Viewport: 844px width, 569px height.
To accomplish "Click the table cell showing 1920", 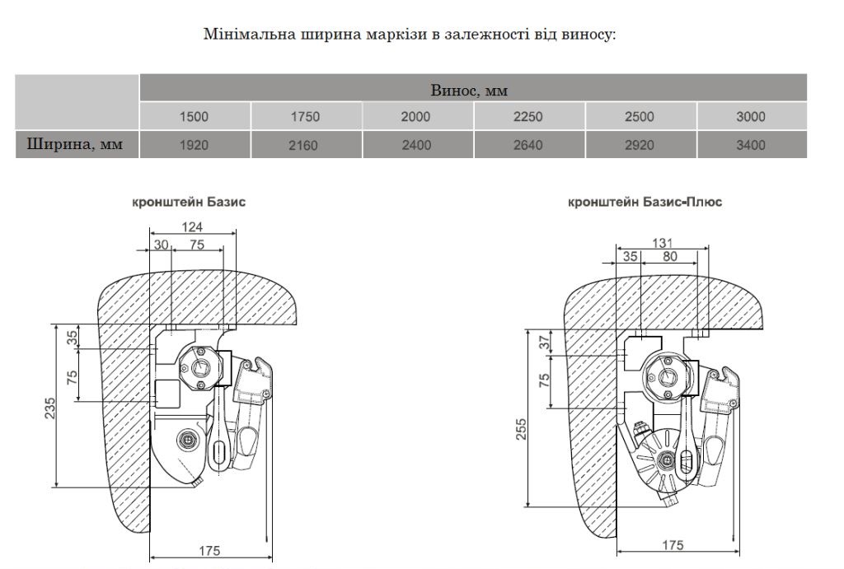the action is click(194, 145).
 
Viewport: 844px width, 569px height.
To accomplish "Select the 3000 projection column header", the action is click(751, 117).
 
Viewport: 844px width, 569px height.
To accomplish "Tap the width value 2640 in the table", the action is click(528, 145).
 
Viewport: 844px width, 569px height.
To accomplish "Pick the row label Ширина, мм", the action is click(75, 144).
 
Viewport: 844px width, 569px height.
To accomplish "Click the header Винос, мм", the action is click(469, 90).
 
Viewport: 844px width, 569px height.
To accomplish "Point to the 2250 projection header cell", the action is click(528, 117).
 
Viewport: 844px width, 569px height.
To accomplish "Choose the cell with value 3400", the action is click(751, 145).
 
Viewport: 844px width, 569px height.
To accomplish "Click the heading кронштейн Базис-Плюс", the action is click(645, 203).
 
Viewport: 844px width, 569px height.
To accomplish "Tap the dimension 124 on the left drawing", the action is click(192, 227).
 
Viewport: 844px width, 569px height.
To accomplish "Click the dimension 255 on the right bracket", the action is click(521, 429).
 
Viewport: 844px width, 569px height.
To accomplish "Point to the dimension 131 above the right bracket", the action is click(662, 243).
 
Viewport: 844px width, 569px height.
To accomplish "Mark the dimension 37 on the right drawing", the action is click(545, 343).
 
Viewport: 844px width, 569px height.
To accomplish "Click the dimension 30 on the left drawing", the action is click(161, 245).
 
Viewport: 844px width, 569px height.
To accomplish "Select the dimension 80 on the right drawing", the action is click(670, 257).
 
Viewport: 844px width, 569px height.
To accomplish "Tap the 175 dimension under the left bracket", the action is click(209, 551).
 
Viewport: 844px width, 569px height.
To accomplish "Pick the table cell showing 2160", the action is click(303, 145).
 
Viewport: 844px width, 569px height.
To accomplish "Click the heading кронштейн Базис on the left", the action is click(189, 203).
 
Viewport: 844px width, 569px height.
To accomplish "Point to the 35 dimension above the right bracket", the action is click(631, 257).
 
